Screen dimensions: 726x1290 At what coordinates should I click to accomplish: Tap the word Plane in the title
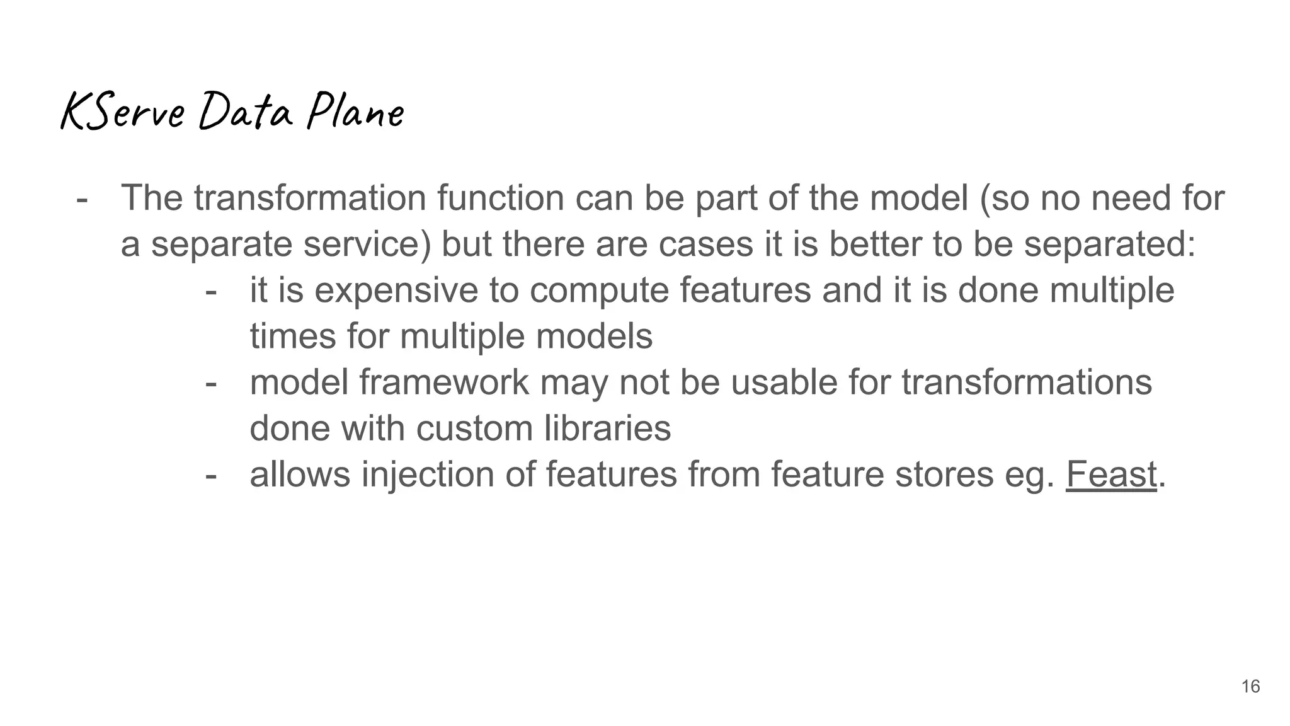click(355, 112)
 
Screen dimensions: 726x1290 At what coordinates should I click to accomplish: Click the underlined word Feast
click(1111, 474)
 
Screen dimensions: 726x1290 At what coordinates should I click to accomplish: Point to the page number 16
click(1250, 686)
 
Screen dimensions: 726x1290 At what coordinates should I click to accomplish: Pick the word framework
click(444, 383)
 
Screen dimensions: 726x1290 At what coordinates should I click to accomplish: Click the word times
click(293, 336)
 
